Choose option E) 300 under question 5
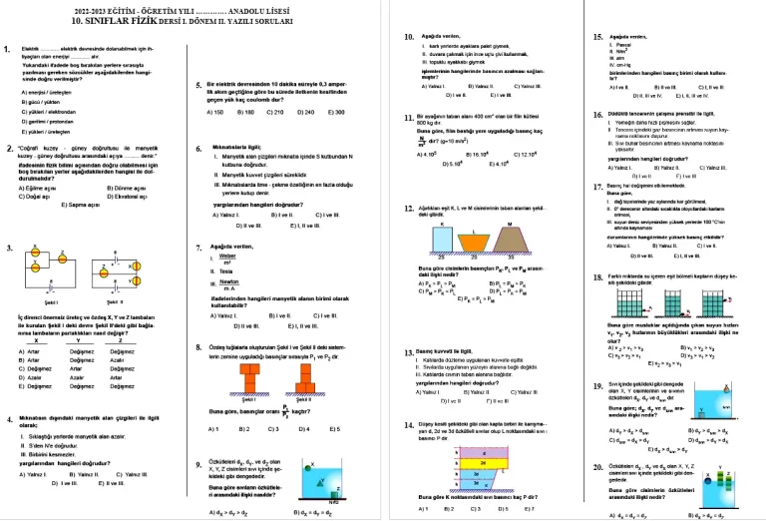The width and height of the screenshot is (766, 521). [x=337, y=111]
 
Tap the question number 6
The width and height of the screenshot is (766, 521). [x=199, y=147]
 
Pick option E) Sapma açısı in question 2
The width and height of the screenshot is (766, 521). [x=69, y=203]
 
